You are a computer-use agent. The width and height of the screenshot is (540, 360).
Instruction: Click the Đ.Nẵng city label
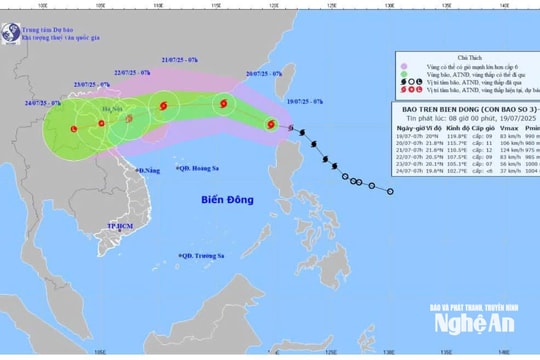click(149, 171)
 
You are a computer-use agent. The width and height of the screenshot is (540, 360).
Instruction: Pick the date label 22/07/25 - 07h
click(132, 73)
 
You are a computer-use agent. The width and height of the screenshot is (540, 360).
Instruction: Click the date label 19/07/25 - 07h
click(304, 102)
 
